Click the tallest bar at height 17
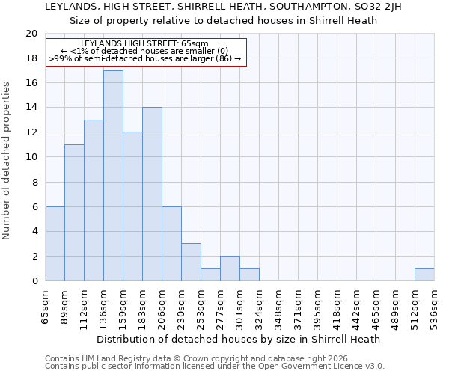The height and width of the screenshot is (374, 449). [x=113, y=176]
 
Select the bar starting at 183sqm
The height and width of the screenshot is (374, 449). [x=152, y=194]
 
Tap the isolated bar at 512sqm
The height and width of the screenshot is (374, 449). [x=424, y=275]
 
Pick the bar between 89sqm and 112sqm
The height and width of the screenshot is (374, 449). [x=74, y=213]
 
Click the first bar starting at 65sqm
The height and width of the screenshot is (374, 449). [x=55, y=244]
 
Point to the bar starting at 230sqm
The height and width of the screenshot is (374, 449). [x=191, y=262]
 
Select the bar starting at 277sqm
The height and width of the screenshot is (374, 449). [x=230, y=269]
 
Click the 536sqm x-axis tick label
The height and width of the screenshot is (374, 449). [x=435, y=306]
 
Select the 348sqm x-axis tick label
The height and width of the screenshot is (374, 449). [x=279, y=306]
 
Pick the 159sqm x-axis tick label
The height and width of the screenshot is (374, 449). [x=123, y=306]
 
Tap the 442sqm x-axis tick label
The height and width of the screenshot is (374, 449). [x=357, y=306]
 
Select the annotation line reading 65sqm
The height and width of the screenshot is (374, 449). [x=145, y=44]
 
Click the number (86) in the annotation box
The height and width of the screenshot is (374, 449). [x=223, y=58]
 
